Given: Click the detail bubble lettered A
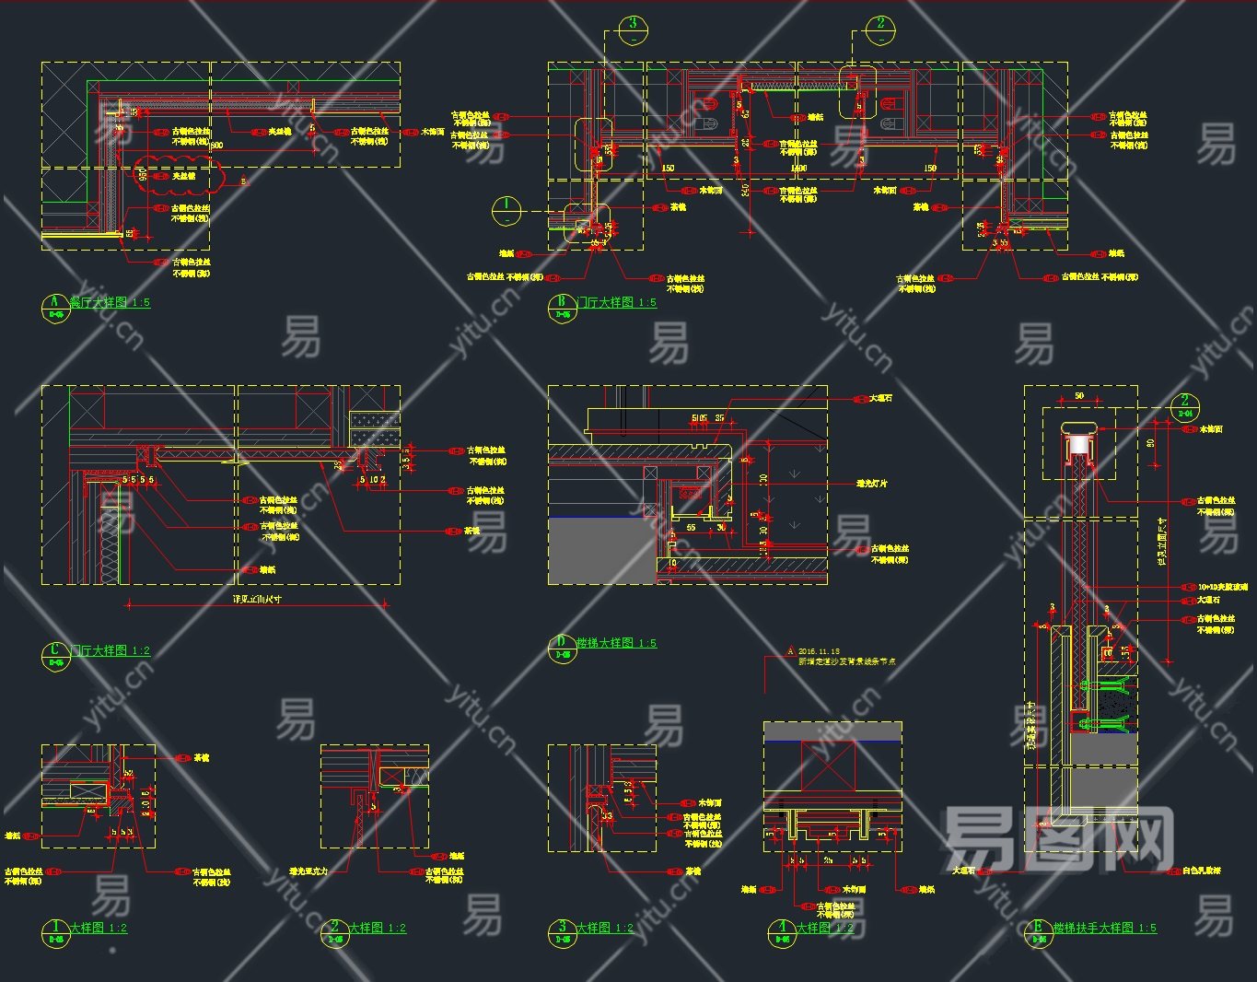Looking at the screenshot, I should [x=54, y=306].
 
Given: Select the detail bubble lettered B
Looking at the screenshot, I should [x=561, y=306].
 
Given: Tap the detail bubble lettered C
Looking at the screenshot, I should [x=54, y=655].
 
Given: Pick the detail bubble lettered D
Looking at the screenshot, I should [x=561, y=648].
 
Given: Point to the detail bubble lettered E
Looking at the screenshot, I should [x=1038, y=932].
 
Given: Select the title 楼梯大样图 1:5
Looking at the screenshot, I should [x=616, y=643].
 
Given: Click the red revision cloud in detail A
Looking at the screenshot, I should [x=176, y=175].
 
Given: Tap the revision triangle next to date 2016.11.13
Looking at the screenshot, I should [x=789, y=651].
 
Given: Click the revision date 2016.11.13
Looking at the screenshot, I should [x=819, y=651].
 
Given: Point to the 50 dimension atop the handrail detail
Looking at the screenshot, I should [x=1079, y=397].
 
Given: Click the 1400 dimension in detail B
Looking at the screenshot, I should [x=797, y=169].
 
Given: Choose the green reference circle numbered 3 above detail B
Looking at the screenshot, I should [x=633, y=29].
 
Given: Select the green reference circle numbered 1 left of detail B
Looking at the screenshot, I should [x=506, y=211].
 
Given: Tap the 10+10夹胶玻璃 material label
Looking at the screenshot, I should [x=1222, y=587].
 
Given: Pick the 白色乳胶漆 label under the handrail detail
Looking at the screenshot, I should [x=1202, y=871].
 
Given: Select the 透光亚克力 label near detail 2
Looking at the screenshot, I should [x=308, y=871].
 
